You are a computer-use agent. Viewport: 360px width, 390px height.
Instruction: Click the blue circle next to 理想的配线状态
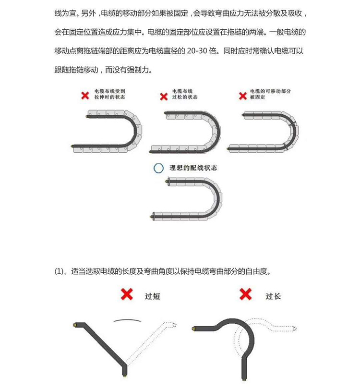pos(159,169)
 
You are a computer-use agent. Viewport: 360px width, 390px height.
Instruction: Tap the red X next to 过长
pos(245,294)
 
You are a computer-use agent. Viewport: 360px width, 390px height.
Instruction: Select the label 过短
pos(152,296)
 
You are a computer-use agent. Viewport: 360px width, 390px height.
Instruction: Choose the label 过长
pos(273,296)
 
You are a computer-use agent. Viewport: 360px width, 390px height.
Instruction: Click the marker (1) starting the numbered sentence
pos(60,271)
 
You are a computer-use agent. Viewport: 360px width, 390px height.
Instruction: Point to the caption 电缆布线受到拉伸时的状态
pos(109,94)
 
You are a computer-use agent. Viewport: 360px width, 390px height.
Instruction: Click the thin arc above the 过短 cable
pos(127,319)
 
